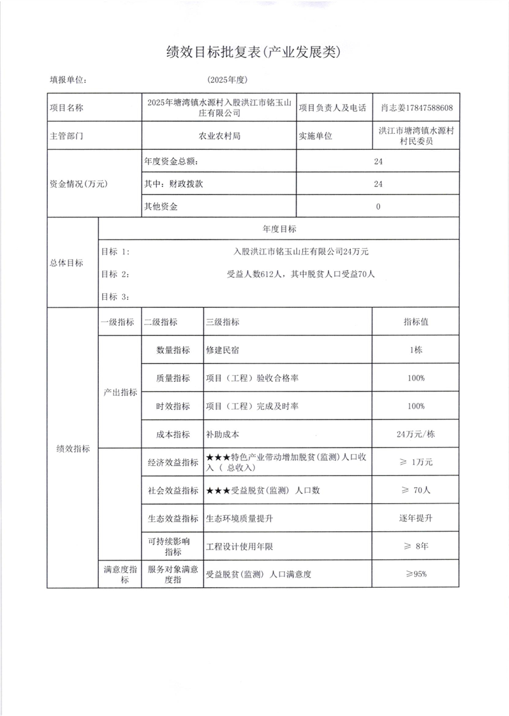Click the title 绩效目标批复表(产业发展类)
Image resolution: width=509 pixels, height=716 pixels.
254,53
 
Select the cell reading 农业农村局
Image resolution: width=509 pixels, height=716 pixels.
219,136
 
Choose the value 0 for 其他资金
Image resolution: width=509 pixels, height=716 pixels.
378,207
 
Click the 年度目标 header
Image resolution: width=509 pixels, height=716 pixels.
278,228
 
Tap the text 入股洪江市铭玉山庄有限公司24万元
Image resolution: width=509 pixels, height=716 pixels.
301,252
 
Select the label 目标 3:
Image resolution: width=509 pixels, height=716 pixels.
115,296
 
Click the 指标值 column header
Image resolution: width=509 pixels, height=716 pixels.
415,322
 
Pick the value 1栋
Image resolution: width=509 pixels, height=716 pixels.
415,349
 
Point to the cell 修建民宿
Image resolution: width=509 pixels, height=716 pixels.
223,349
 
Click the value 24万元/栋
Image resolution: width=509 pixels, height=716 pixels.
415,435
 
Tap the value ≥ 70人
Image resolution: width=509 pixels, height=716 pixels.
415,490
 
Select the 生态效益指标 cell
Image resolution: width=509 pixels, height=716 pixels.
172,518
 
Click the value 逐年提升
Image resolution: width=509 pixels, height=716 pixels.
415,518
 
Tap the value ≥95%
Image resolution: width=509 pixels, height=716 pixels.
415,574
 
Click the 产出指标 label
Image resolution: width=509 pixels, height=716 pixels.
121,392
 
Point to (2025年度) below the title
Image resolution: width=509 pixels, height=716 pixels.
227,80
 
